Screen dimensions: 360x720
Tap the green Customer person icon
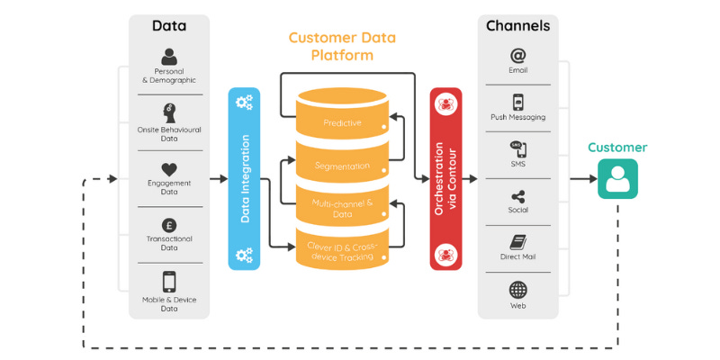click(x=617, y=178)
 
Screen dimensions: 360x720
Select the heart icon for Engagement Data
click(x=169, y=169)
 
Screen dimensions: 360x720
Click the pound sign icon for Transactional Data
click(x=169, y=224)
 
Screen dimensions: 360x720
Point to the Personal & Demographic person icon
click(x=169, y=56)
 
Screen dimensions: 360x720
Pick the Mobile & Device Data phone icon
click(x=169, y=282)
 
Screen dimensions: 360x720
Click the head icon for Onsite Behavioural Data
click(x=169, y=112)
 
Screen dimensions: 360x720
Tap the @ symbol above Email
click(x=517, y=55)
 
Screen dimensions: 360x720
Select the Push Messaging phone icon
click(x=517, y=103)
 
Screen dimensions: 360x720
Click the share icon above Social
click(x=517, y=197)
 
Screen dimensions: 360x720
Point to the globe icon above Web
click(x=517, y=290)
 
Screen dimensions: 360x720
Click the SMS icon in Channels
click(x=517, y=149)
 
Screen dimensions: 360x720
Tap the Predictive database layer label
click(x=342, y=122)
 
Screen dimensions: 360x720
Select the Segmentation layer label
click(x=342, y=166)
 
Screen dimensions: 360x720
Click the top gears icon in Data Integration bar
click(x=244, y=103)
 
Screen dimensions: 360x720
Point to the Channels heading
click(x=517, y=26)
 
